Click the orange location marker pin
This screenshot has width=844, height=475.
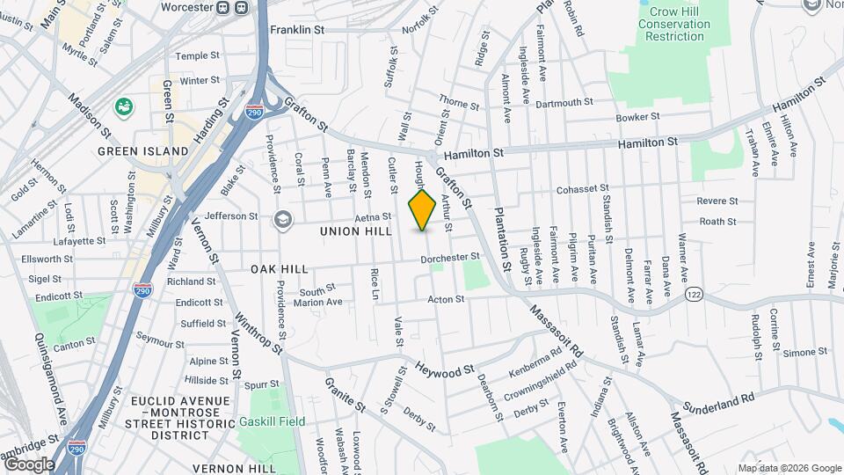click(423, 210)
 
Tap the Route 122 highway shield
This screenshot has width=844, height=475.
click(695, 293)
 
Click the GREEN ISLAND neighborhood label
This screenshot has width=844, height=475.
click(143, 151)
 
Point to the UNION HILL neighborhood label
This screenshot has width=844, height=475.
click(356, 231)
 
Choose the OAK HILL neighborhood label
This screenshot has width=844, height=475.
click(280, 268)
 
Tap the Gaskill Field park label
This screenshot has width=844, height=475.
click(272, 421)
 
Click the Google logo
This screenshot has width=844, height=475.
click(29, 464)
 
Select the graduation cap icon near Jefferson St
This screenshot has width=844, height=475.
click(283, 217)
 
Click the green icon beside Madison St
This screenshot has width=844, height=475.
click(124, 107)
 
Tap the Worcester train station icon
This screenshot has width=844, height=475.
click(231, 8)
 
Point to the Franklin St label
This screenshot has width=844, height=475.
click(297, 30)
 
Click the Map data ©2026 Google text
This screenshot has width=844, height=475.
click(789, 468)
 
